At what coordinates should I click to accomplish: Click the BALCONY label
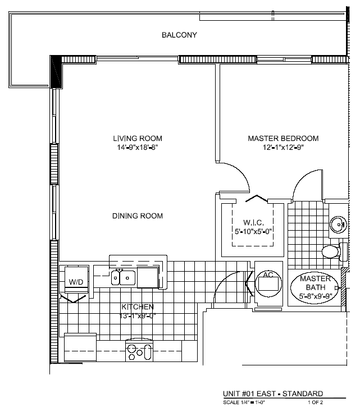(x=179, y=35)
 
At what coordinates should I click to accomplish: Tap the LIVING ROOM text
(x=138, y=138)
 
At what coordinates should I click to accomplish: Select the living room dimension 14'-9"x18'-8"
(x=138, y=147)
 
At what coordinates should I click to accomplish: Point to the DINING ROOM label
(x=138, y=216)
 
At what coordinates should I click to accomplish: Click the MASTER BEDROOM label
(x=283, y=138)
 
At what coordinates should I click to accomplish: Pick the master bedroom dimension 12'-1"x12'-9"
(x=283, y=147)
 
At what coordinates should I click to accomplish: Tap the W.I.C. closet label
(x=253, y=222)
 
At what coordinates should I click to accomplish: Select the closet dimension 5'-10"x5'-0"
(x=253, y=231)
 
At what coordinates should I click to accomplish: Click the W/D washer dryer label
(x=76, y=282)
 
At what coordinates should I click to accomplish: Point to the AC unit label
(x=268, y=275)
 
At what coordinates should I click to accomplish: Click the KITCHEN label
(x=138, y=306)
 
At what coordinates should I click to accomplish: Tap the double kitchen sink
(x=124, y=277)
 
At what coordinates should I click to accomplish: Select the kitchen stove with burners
(x=139, y=350)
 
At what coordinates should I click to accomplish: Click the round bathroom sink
(x=339, y=225)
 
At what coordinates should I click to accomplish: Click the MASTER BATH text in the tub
(x=315, y=283)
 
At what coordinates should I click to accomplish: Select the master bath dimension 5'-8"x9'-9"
(x=315, y=296)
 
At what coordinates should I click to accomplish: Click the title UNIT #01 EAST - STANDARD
(x=273, y=393)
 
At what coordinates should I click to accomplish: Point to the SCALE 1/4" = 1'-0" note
(x=244, y=402)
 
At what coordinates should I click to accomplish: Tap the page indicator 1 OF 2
(x=316, y=402)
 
